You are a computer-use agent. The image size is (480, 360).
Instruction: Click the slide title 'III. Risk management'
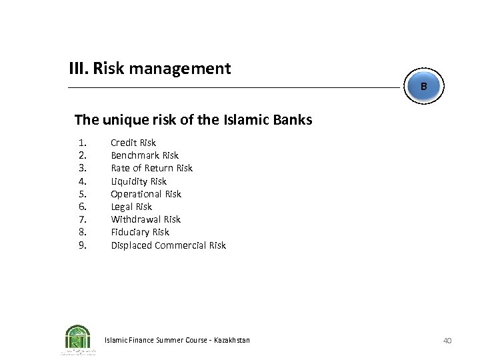click(150, 68)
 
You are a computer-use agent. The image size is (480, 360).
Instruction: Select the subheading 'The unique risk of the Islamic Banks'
click(193, 120)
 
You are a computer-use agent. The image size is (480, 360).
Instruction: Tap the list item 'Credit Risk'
click(133, 143)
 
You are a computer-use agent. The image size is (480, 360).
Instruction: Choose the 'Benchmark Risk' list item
click(145, 155)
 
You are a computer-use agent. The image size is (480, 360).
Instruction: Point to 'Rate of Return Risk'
click(151, 168)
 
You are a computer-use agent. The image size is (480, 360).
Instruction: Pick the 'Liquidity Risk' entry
click(139, 181)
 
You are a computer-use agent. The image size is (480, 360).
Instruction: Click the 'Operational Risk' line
click(146, 194)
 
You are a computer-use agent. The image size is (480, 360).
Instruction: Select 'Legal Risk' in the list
click(131, 207)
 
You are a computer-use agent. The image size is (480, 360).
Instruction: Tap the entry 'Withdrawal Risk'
click(145, 219)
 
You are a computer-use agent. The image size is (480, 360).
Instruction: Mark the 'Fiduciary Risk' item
click(140, 232)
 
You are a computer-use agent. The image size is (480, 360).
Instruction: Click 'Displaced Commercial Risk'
click(168, 245)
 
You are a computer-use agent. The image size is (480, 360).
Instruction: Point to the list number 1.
click(82, 143)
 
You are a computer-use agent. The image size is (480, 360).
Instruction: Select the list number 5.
click(82, 194)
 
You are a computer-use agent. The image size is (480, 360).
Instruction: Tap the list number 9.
click(82, 245)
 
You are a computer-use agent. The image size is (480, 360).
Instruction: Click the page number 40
click(447, 341)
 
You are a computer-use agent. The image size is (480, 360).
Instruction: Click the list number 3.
click(82, 168)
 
